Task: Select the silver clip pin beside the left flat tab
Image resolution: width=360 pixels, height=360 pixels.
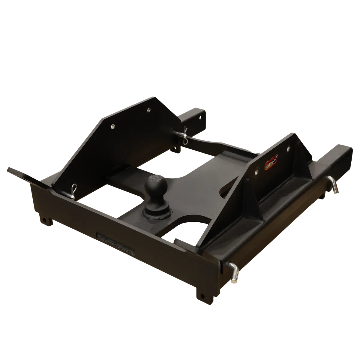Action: pyautogui.click(x=72, y=191)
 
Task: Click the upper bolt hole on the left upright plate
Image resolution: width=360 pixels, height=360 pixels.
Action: pyautogui.click(x=148, y=110)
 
